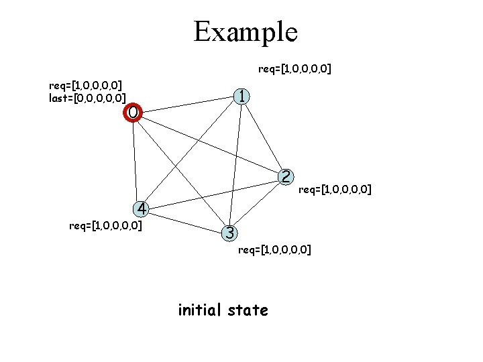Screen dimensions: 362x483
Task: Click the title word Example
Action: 245,32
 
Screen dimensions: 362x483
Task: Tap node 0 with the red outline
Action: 133,113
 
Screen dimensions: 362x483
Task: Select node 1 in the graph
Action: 241,97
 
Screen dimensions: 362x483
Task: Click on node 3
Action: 229,233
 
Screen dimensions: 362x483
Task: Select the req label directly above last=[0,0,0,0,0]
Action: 85,85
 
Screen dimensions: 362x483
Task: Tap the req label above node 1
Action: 295,68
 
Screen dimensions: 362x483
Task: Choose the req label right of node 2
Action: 335,190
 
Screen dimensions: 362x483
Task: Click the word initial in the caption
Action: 200,310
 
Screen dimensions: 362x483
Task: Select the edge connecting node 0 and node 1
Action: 188,105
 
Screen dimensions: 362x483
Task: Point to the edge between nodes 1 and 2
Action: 264,137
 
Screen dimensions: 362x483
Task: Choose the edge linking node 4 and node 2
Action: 213,193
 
